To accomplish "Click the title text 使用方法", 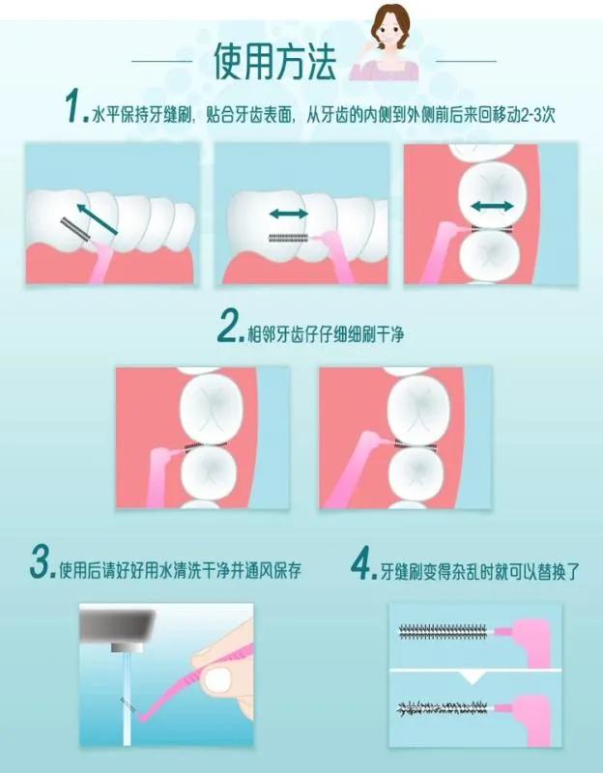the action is pos(274,61).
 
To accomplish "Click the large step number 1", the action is pos(74,105).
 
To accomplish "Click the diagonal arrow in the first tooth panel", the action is pos(98,218).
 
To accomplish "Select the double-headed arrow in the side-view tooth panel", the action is pos(289,214).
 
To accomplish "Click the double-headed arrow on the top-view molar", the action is pos(493,206).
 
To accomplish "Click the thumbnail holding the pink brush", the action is pos(217,680).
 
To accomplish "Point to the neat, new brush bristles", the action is pos(443,632).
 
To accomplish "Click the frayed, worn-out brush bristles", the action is pos(443,708).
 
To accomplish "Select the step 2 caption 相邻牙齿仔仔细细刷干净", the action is pos(326,334).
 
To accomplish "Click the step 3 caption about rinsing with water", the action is pos(180,570).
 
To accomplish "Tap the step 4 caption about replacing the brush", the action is pos(480,572).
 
